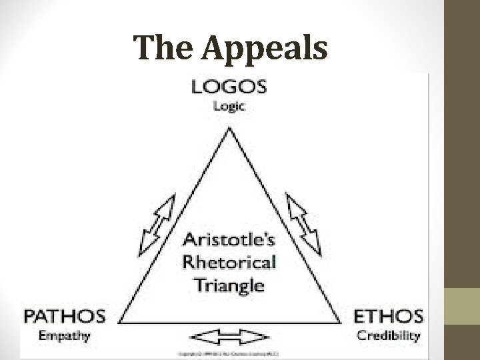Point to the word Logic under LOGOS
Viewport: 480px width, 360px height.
(228, 105)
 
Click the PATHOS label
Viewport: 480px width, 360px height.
(65, 315)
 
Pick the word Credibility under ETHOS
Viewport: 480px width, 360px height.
(388, 335)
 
